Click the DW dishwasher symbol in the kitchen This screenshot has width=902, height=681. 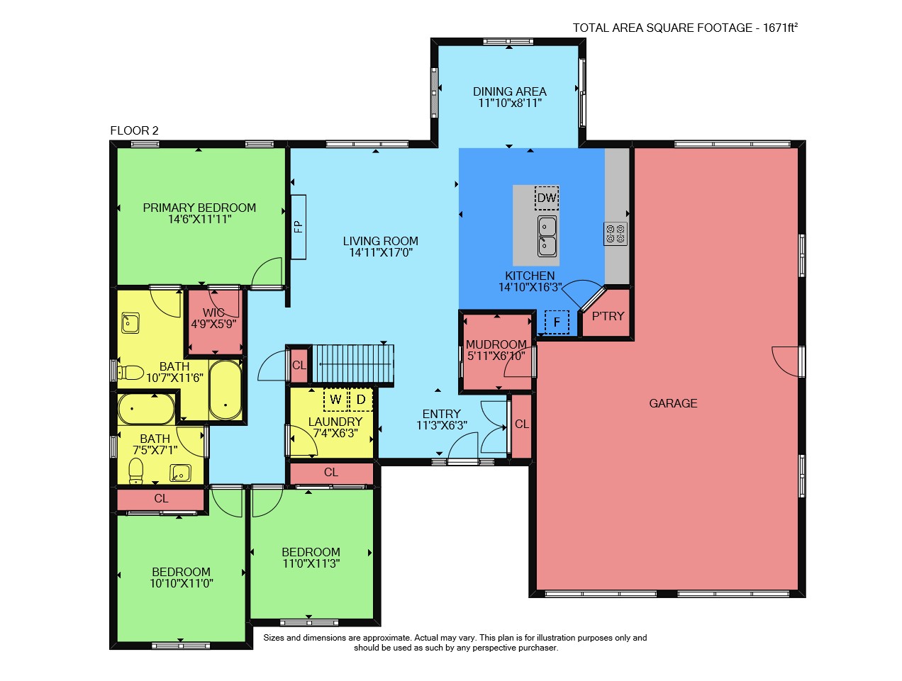[x=547, y=198]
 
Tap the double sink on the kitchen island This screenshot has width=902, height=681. [x=547, y=236]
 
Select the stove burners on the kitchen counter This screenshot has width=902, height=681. [x=616, y=234]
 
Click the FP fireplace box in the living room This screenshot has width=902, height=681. [x=299, y=227]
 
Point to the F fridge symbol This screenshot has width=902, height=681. [x=557, y=322]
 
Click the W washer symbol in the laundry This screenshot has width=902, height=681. [x=335, y=400]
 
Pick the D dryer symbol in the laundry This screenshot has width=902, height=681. [x=361, y=400]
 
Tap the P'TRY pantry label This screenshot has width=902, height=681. [x=608, y=316]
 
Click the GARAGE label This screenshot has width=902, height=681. [x=673, y=403]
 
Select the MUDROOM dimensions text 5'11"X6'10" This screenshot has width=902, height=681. [x=496, y=356]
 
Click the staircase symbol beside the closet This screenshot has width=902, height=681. [x=353, y=364]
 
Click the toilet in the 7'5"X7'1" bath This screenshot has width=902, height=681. [x=136, y=471]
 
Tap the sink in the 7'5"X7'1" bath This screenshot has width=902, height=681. [x=180, y=473]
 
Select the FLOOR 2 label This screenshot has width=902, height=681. [x=134, y=130]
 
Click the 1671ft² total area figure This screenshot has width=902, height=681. [x=780, y=28]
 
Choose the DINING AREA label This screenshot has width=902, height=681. [x=510, y=91]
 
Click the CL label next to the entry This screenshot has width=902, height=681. [x=522, y=424]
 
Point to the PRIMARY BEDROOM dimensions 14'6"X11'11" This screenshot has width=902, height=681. [x=200, y=219]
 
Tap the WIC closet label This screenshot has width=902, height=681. [x=213, y=313]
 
